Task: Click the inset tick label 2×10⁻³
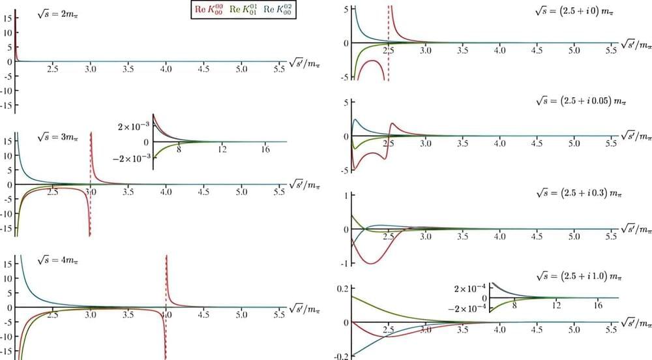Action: point(134,123)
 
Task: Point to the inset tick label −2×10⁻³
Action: point(132,158)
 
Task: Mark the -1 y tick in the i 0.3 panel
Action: point(343,263)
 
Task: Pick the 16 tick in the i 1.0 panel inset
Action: point(598,305)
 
